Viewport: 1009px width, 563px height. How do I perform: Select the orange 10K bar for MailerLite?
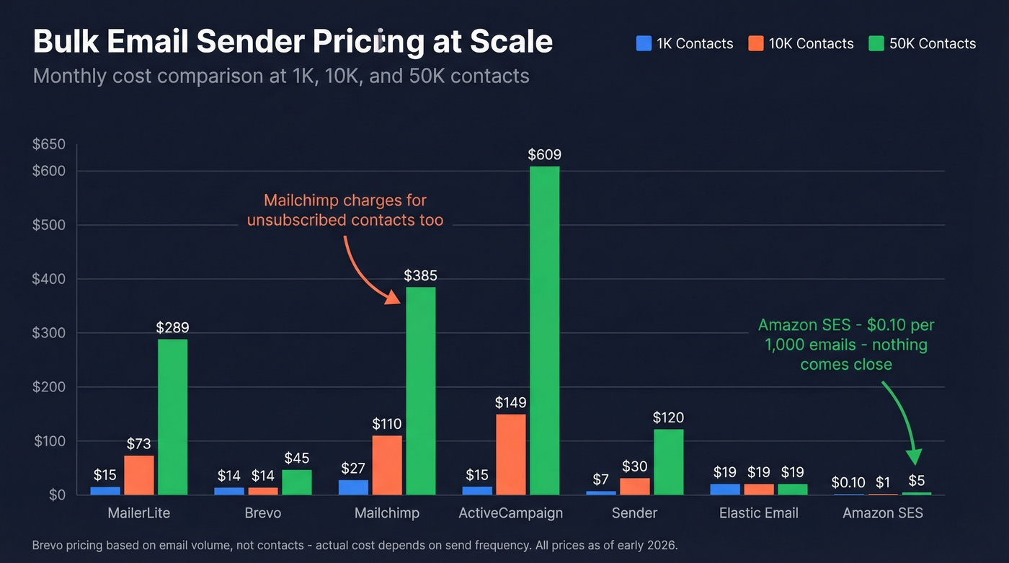[x=138, y=475]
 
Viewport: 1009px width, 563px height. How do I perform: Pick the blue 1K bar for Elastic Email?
[x=725, y=489]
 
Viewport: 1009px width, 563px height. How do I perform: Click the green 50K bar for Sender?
[x=668, y=462]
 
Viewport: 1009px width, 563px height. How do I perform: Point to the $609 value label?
[x=544, y=154]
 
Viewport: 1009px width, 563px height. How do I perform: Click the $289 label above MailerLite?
[x=172, y=327]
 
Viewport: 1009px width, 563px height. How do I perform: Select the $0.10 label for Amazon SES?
[x=848, y=482]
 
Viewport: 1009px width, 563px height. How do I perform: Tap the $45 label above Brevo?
[x=297, y=458]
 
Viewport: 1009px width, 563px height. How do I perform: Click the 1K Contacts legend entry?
[x=685, y=43]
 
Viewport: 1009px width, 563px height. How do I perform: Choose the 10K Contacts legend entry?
[x=801, y=43]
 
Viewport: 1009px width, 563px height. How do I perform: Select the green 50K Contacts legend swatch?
[x=876, y=43]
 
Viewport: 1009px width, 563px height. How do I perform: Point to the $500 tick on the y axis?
[x=49, y=225]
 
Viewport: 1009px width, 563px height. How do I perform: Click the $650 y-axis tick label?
[x=49, y=145]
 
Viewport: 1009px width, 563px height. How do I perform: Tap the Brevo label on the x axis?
[x=262, y=513]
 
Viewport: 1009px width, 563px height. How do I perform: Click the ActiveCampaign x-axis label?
[x=511, y=513]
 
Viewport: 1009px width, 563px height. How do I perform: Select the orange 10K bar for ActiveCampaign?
[x=510, y=454]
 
